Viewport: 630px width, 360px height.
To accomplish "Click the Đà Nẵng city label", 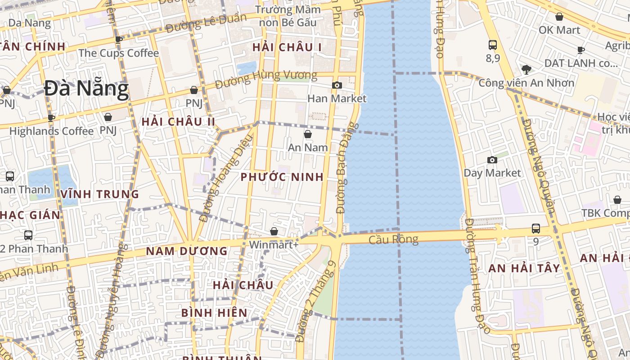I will [x=86, y=89].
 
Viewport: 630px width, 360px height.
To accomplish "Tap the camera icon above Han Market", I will [x=337, y=85].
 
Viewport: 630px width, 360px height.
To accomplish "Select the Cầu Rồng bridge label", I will [x=393, y=239].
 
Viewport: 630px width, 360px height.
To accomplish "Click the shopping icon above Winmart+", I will [x=274, y=232].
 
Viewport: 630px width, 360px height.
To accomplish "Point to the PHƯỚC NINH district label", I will [x=282, y=177].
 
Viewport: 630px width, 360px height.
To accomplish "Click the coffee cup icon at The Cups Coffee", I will [x=119, y=40].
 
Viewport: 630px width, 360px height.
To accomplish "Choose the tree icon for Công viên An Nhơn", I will [x=526, y=69].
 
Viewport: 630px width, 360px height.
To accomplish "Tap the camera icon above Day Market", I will [x=492, y=160].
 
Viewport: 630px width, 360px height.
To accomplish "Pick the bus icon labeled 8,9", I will [x=493, y=45].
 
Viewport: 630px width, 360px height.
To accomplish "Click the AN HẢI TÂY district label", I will [x=524, y=269].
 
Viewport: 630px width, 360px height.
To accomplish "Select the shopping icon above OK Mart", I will [x=559, y=17].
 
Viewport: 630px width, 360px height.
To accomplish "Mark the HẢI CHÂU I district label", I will [x=287, y=47].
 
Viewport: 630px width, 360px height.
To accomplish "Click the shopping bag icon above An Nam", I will [x=308, y=134].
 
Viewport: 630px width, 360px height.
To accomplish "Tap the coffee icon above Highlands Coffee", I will [x=51, y=118].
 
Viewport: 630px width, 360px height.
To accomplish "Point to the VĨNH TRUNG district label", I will [x=100, y=194].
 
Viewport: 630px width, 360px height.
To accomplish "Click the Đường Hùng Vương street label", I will [x=266, y=80].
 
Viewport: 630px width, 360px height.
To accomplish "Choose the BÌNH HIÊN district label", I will [x=214, y=313].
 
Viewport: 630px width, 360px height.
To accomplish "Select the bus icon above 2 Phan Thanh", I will [x=28, y=235].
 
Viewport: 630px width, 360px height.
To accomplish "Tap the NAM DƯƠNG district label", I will [x=187, y=251].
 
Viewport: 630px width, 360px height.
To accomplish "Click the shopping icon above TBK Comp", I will [x=617, y=200].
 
